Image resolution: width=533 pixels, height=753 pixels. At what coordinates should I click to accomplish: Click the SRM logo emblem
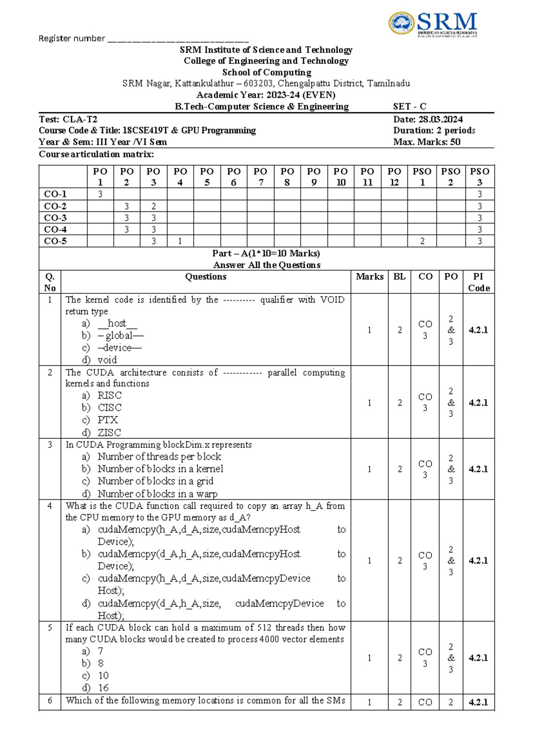coord(402,24)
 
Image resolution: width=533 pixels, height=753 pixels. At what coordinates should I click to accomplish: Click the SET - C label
coord(410,107)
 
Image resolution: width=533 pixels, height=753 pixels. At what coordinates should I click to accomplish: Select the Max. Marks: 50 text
coord(426,142)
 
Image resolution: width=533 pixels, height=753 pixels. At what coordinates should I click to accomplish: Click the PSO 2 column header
coord(450,177)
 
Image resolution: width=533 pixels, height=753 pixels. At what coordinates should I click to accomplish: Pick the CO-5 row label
coord(56,241)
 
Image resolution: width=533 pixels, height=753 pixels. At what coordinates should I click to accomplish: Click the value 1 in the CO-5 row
coord(180,241)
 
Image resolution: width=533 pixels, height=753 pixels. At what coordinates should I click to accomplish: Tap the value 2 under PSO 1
coord(422,241)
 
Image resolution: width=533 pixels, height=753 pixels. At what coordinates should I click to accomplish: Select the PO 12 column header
coord(394,177)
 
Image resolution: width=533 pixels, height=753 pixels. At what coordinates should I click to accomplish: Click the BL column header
coord(399,277)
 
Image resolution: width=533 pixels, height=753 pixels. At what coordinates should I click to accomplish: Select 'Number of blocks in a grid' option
coord(155,481)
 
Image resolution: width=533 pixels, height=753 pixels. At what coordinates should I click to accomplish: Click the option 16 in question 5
coord(103,688)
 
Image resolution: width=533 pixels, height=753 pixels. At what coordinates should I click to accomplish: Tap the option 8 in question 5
coord(101,663)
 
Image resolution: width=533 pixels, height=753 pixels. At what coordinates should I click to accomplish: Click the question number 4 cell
coord(50,506)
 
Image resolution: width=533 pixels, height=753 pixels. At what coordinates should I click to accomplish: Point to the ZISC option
coord(109,432)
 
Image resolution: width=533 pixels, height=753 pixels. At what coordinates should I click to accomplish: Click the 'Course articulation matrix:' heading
coord(96,154)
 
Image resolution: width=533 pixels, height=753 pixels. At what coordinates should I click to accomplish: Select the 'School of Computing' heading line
coord(266,72)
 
